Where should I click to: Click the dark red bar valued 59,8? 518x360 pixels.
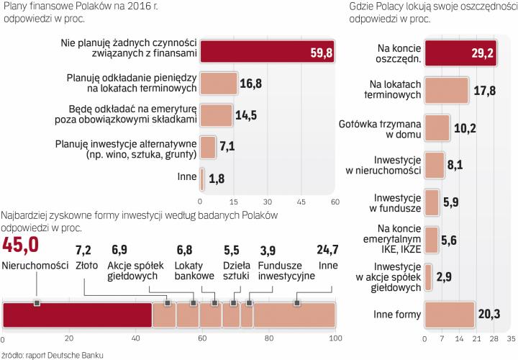[x=266, y=52]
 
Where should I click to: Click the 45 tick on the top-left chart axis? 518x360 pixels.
[x=301, y=201]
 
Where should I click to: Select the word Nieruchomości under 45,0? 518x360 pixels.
[x=31, y=264]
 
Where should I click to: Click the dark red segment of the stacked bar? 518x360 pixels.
[x=77, y=315]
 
